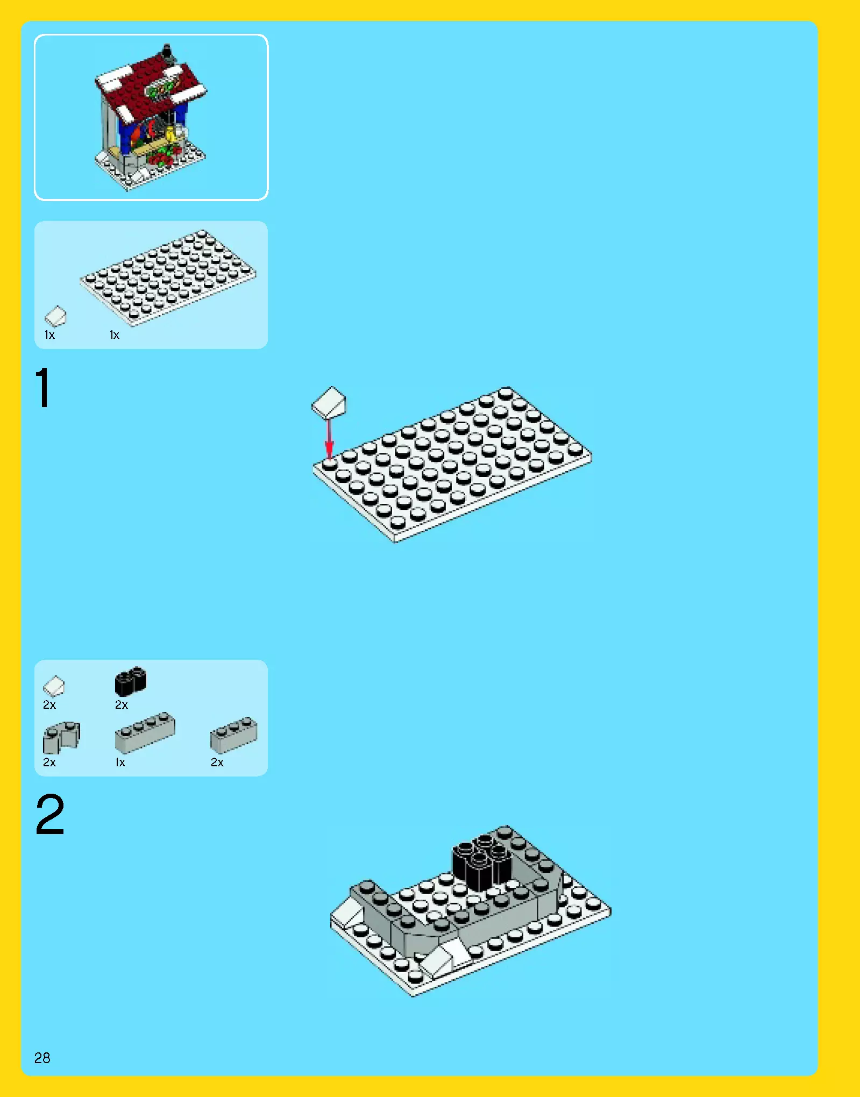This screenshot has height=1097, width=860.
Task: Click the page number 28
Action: tap(42, 1058)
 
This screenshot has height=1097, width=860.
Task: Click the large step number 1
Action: tap(42, 388)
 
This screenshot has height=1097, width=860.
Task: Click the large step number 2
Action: tap(49, 814)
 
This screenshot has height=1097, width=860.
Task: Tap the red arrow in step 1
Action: tap(329, 438)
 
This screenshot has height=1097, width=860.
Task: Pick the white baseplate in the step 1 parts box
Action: tap(168, 277)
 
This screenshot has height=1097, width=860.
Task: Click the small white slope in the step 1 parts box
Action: tap(55, 316)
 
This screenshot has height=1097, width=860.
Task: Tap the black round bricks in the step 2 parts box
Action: tap(130, 681)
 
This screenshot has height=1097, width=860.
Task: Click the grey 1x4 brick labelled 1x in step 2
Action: tap(145, 732)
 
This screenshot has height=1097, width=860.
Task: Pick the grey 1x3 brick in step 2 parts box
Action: tap(233, 734)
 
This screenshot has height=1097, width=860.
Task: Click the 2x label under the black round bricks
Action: tap(122, 705)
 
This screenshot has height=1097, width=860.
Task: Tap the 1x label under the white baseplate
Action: tap(115, 335)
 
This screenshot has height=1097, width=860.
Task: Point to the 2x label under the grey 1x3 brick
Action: tap(217, 763)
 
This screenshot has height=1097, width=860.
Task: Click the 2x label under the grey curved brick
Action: tap(49, 763)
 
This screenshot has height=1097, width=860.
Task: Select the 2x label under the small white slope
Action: tap(49, 705)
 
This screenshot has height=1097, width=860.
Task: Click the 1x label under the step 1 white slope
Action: tap(49, 335)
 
